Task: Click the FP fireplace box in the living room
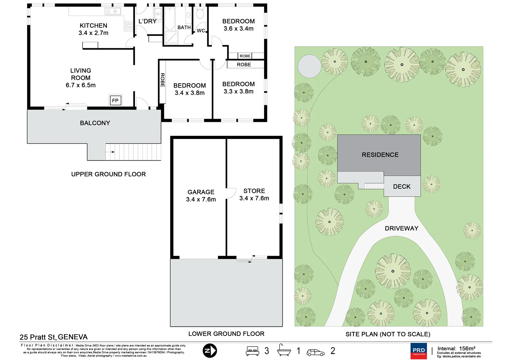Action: coord(115,101)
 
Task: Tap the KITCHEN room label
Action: coord(93,26)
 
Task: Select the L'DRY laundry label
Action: coord(147,21)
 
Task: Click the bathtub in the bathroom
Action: coord(169,18)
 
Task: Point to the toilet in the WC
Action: coord(200,14)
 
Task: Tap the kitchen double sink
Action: coord(113,12)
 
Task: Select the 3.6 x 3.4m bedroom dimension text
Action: coord(238,29)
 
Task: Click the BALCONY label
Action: coord(95,123)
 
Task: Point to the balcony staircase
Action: coord(136,152)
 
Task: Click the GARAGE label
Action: coord(201,192)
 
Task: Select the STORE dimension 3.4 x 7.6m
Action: coord(254,198)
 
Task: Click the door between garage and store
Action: coord(231,193)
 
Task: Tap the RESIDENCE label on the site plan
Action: coord(380,155)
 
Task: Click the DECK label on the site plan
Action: coord(402,186)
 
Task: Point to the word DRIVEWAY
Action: coord(401,228)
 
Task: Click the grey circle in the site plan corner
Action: coord(309,66)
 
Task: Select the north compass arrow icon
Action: coord(210,351)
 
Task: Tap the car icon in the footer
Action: coord(315,353)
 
